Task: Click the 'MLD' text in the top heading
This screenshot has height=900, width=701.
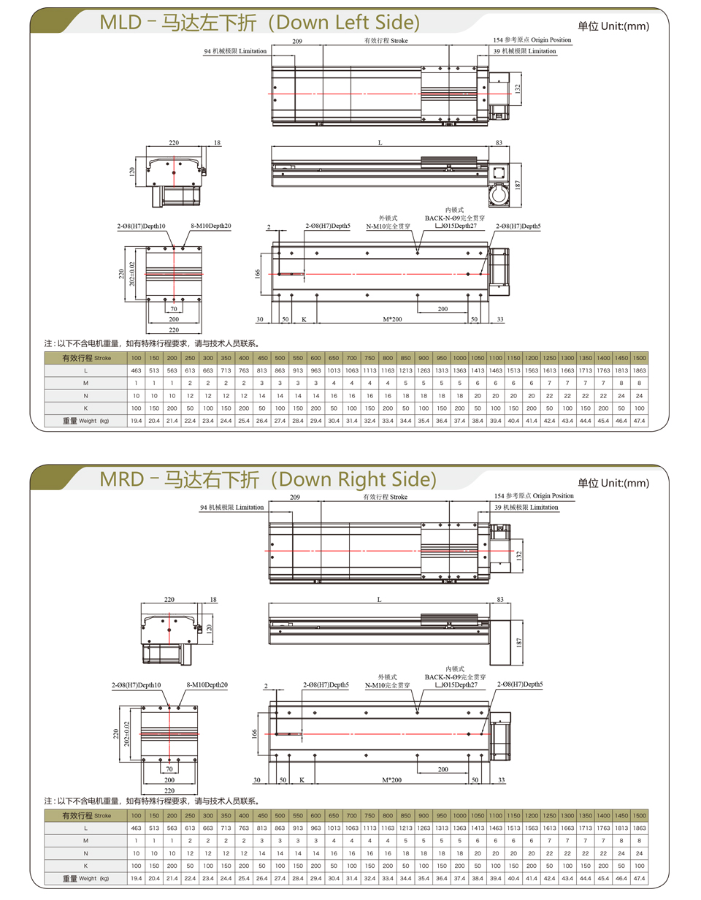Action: click(x=120, y=23)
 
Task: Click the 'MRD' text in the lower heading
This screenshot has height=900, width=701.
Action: click(x=122, y=479)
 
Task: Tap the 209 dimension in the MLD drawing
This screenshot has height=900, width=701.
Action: click(x=297, y=41)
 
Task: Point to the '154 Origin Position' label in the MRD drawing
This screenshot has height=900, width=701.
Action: click(x=534, y=496)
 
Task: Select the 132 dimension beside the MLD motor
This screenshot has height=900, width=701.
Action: click(x=517, y=89)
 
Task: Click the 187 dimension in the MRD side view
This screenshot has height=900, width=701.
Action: click(x=519, y=642)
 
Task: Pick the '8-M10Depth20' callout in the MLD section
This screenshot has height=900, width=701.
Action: click(x=210, y=226)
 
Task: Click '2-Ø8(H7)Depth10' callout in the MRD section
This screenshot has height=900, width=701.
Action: click(x=136, y=685)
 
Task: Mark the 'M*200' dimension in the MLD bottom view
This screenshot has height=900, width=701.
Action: click(x=392, y=319)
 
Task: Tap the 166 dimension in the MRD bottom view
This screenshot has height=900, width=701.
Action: click(x=254, y=733)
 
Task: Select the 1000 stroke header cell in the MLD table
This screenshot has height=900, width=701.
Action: click(x=459, y=358)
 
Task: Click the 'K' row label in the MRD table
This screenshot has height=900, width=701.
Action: click(x=85, y=866)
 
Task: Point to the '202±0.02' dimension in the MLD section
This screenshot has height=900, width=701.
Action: click(x=132, y=274)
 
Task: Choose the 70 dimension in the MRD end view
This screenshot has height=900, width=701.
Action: click(x=169, y=769)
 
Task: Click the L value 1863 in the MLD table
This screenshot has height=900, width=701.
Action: click(x=639, y=370)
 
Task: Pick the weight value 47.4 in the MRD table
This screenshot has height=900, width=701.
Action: click(x=639, y=878)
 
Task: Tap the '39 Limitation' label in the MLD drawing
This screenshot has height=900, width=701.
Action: click(x=524, y=51)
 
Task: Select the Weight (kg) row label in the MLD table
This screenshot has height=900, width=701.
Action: click(x=85, y=420)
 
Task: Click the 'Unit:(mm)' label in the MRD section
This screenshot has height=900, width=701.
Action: click(x=625, y=483)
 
